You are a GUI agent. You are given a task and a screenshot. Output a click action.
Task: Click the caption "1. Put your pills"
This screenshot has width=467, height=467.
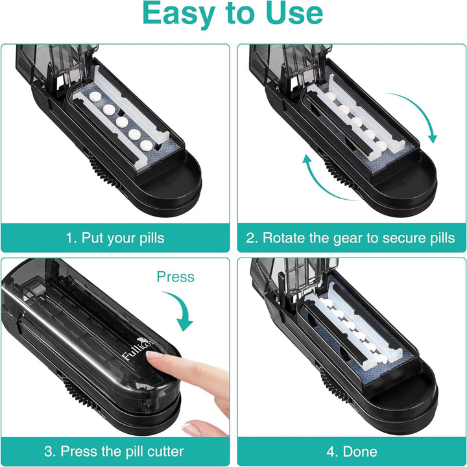click(115, 237)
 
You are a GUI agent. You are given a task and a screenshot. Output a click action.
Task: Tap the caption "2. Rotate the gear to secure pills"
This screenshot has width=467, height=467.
click(351, 237)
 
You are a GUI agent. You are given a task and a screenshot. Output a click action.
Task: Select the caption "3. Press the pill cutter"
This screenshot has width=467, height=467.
click(115, 451)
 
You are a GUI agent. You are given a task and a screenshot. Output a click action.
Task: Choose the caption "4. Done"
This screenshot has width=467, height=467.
click(351, 451)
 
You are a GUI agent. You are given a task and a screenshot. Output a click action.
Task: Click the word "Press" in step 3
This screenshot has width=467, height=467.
click(175, 277)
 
